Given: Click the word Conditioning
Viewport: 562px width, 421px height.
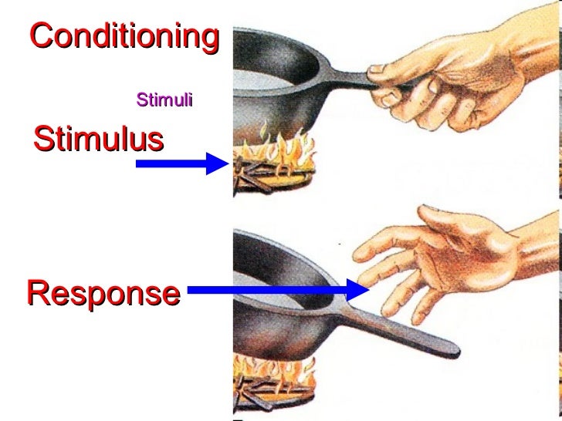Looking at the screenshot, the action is [124, 35].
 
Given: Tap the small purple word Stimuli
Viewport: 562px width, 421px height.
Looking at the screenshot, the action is [164, 99].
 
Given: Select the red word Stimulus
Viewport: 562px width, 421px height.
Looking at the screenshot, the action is [98, 140].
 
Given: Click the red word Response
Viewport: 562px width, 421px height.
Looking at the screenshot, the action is [103, 293].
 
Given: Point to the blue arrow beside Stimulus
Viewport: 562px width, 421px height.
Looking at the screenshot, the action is [181, 163].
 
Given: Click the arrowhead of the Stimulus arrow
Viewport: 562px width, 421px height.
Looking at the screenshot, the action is [217, 163].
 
